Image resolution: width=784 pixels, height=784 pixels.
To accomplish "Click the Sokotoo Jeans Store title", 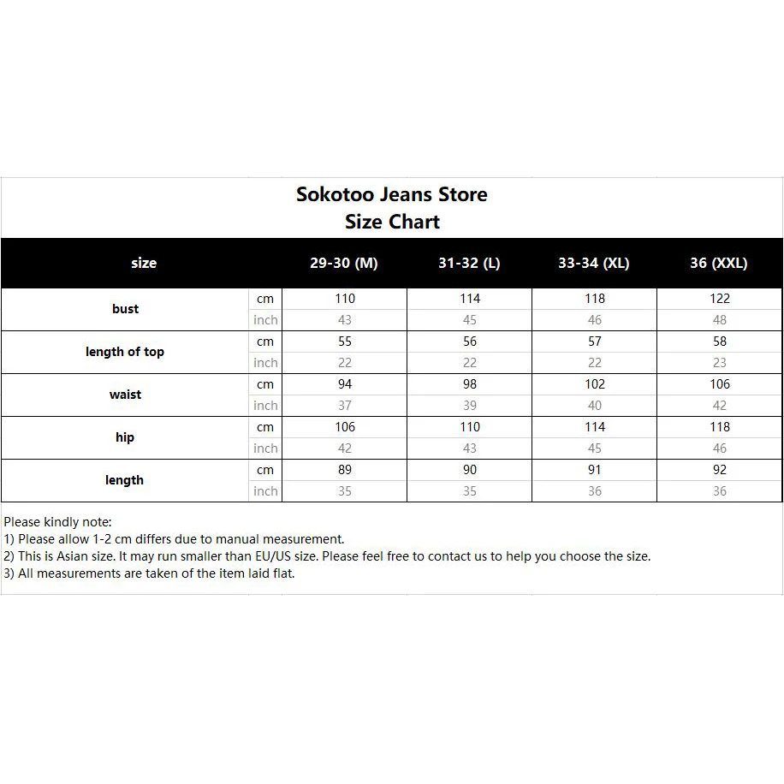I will point(392,194).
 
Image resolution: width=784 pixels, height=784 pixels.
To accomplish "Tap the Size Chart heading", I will point(392,222).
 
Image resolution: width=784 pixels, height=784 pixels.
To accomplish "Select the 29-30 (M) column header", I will point(343,264).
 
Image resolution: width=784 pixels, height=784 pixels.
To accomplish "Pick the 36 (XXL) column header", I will point(719,264).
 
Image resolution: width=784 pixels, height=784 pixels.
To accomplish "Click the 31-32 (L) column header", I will point(469,264).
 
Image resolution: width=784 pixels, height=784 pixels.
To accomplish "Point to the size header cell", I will point(144,264).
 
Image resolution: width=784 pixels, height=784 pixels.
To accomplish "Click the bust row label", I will point(125,309).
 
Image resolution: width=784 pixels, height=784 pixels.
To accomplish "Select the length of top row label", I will point(125,352).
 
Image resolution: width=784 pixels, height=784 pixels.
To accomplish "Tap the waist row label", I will point(125,395).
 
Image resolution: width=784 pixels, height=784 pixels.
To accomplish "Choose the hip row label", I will point(125,437).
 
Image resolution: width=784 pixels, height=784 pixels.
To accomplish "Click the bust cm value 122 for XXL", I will point(720,299).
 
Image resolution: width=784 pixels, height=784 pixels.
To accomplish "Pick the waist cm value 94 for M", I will point(345,384).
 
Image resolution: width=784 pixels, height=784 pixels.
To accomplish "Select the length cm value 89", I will point(345,470).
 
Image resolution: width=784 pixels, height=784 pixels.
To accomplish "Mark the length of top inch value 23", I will point(720,363).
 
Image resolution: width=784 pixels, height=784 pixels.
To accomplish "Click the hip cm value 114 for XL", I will point(595,427).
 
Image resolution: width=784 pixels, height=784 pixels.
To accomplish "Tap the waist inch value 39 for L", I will point(470,406).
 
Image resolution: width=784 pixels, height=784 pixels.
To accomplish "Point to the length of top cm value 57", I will point(595,342).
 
